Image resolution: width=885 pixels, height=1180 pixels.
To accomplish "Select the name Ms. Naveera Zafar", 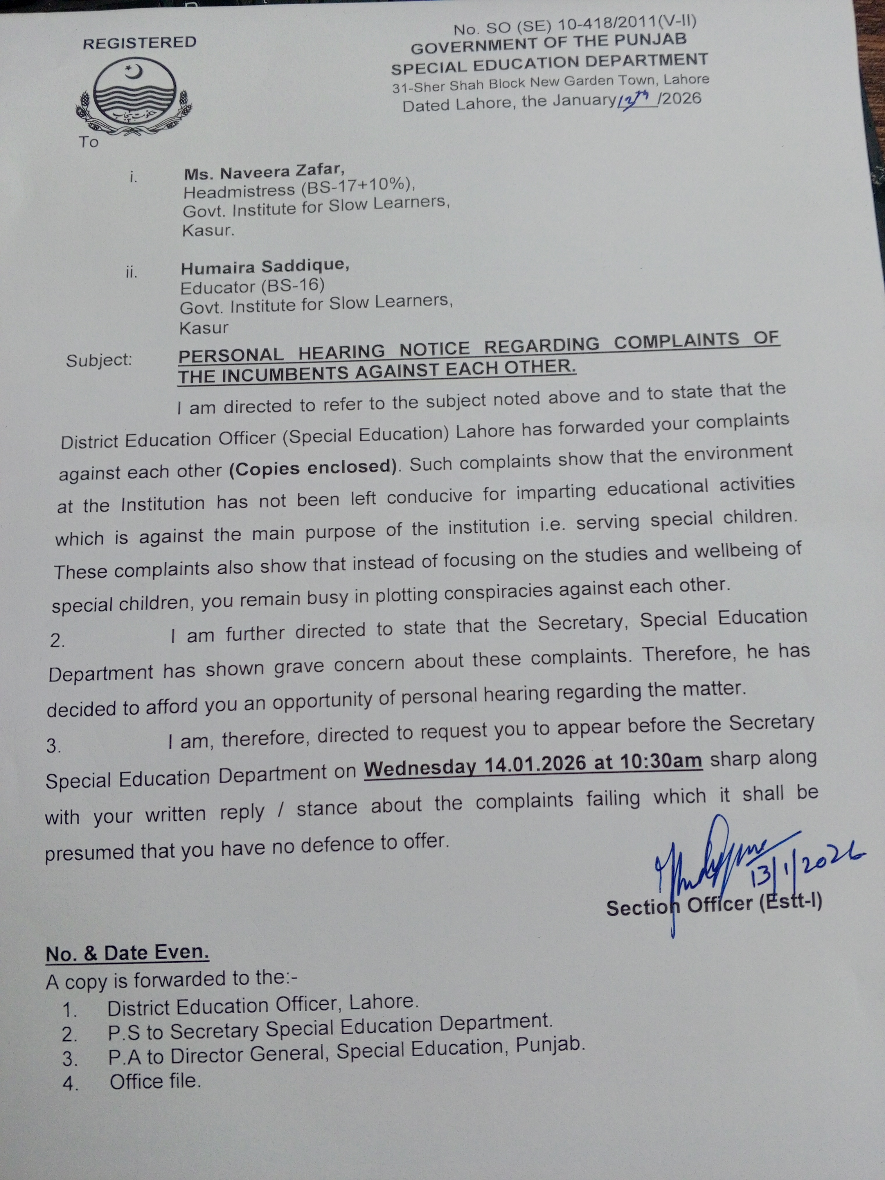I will coord(264,172).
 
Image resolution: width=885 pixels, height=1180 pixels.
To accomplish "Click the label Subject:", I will coord(99,360).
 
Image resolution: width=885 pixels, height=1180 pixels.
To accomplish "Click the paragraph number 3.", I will coord(54,746).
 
